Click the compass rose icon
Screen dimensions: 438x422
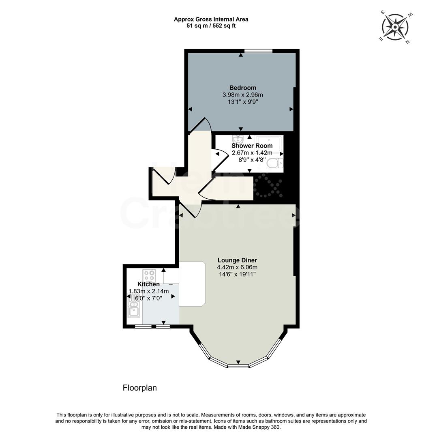click(x=396, y=27)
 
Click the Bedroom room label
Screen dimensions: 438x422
click(x=242, y=88)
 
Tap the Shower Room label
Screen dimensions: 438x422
click(x=252, y=146)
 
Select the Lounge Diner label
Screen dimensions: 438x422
click(x=237, y=260)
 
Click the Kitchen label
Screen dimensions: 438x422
click(x=148, y=284)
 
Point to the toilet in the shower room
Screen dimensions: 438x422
click(x=277, y=163)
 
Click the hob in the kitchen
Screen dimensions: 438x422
click(x=149, y=276)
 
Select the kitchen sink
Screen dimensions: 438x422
click(x=133, y=308)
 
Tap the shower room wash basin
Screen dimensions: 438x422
click(x=238, y=139)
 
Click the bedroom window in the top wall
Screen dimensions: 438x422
click(x=258, y=51)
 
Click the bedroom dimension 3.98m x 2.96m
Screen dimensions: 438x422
click(x=242, y=95)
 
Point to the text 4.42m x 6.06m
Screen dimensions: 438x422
click(x=237, y=267)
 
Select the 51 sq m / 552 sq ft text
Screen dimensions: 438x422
click(x=211, y=26)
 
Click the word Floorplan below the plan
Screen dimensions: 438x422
click(x=139, y=388)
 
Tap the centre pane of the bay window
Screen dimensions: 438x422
click(x=238, y=366)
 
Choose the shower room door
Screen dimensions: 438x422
click(x=219, y=157)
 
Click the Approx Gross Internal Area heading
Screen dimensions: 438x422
click(x=211, y=19)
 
